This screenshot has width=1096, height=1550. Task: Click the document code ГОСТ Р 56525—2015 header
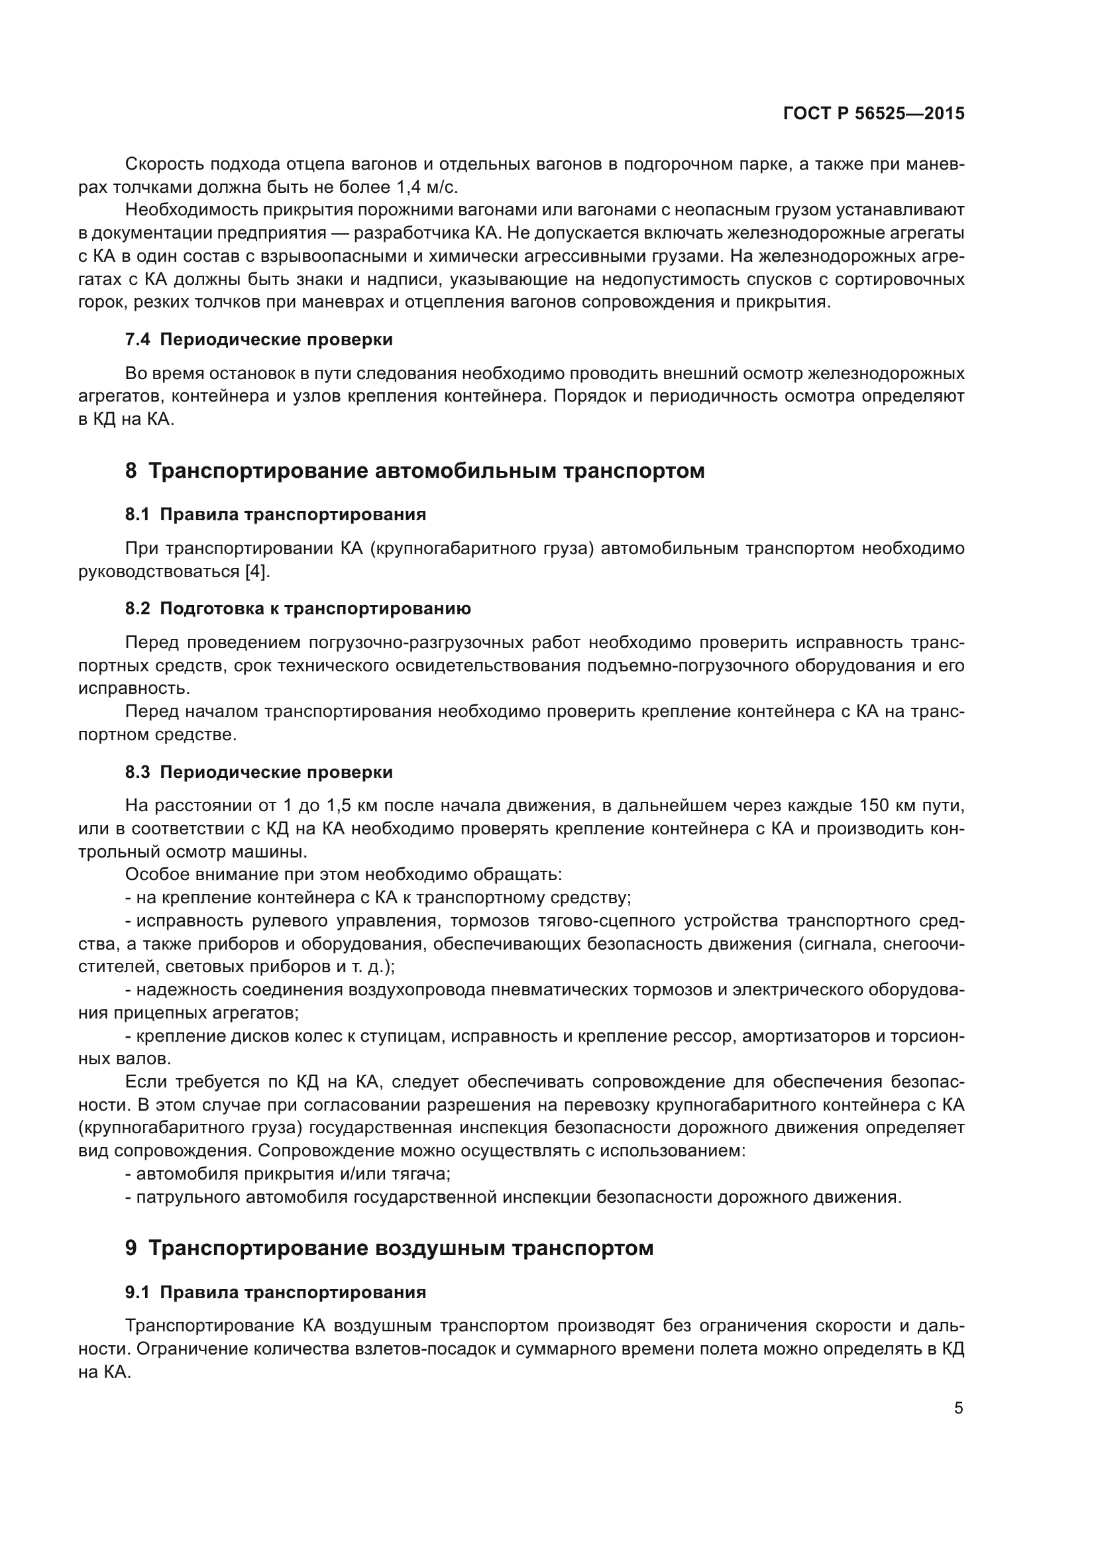(873, 114)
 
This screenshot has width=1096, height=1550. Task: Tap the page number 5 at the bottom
(958, 1408)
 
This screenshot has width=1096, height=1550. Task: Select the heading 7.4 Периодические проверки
(258, 339)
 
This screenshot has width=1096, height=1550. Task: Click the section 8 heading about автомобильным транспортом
(414, 471)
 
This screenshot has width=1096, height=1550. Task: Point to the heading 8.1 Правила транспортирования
(276, 514)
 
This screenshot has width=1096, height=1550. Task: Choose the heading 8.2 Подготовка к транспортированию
(298, 609)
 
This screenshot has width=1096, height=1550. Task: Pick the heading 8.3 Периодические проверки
(258, 772)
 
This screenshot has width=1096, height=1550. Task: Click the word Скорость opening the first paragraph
(165, 164)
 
